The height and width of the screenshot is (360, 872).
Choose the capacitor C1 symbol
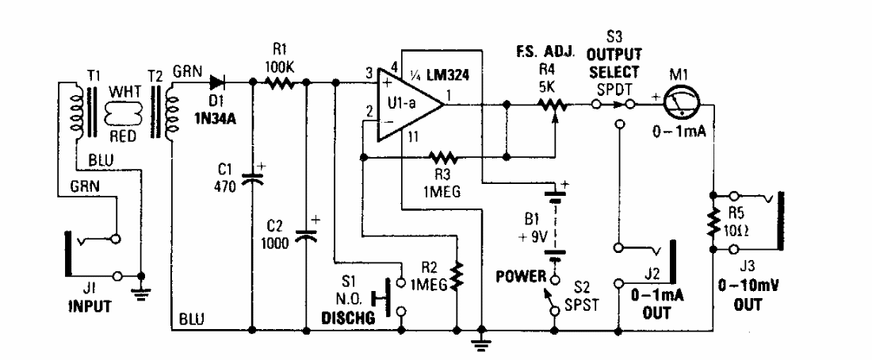click(x=252, y=178)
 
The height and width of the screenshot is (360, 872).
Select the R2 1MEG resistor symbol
click(x=457, y=274)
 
